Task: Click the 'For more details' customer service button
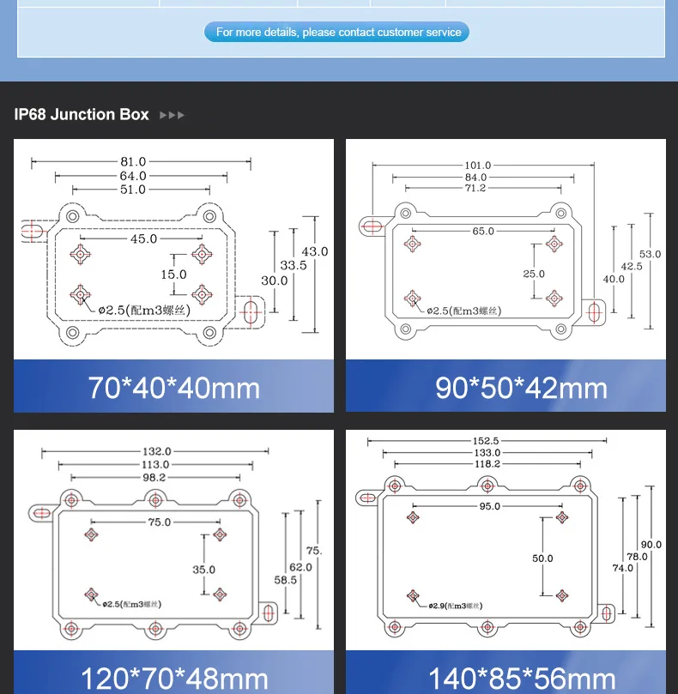point(337,33)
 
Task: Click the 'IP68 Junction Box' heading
point(82,114)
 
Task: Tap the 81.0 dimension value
point(133,161)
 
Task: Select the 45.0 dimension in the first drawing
point(143,239)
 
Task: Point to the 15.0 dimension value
point(173,275)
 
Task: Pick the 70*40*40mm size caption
point(173,388)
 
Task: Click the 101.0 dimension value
point(477,165)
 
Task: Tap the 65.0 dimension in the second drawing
point(483,231)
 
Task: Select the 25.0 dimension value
point(534,275)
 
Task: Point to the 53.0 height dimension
point(651,254)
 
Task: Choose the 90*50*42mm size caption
point(521,388)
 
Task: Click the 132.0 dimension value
point(156,451)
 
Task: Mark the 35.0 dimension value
point(203,570)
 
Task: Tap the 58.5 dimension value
point(285,580)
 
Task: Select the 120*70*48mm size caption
point(173,679)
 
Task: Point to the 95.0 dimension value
point(489,506)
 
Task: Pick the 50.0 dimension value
point(542,558)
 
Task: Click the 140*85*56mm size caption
point(521,679)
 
